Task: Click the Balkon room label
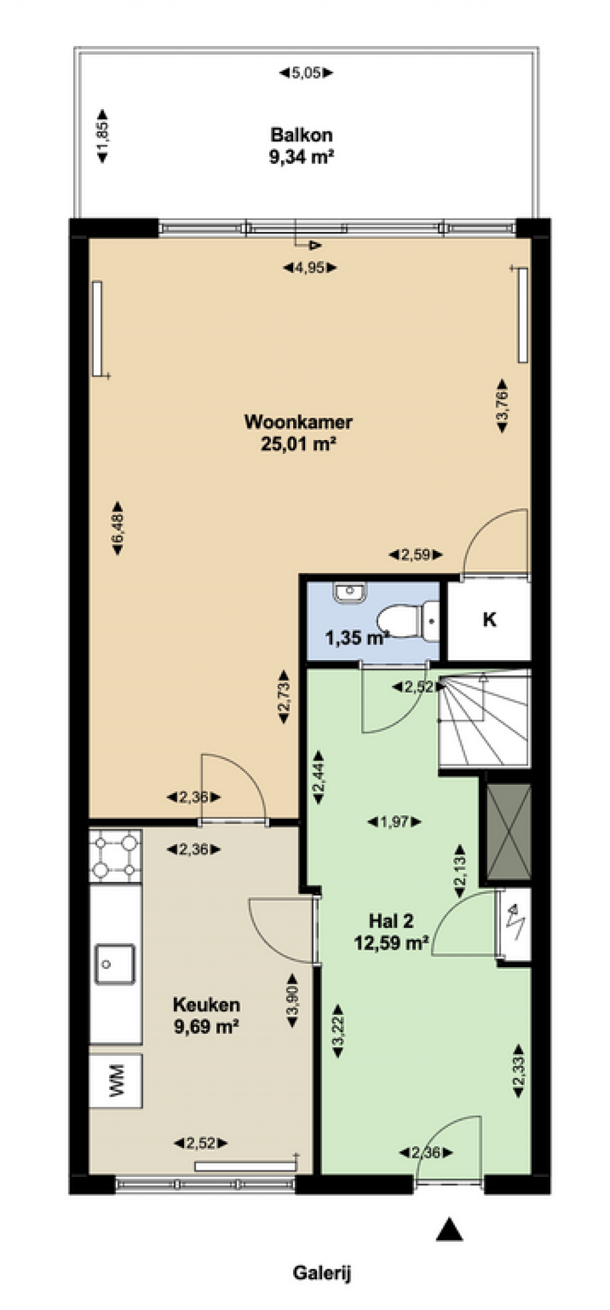[301, 135]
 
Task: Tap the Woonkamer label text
[298, 422]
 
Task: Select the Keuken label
[206, 1005]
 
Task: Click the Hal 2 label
[391, 921]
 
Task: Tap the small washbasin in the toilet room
[349, 593]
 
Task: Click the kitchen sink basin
[115, 965]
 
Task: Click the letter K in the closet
[489, 620]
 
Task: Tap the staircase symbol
[484, 719]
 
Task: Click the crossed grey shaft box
[508, 832]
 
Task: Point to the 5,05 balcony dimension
[306, 73]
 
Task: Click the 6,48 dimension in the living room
[117, 528]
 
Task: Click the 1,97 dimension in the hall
[394, 822]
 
